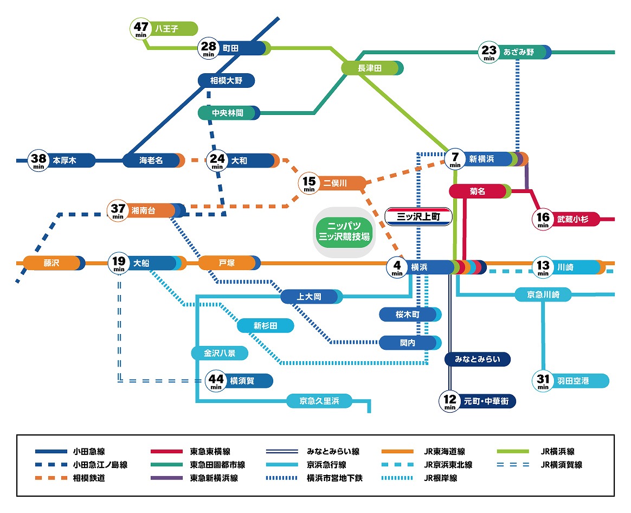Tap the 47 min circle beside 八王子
(x=141, y=29)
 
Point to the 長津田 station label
(x=371, y=68)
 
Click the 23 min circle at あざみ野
(x=489, y=53)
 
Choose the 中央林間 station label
(x=228, y=113)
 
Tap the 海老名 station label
(x=151, y=161)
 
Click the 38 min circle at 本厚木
(x=38, y=161)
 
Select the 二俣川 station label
(x=335, y=183)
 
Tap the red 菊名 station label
(x=478, y=191)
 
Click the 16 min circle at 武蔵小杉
(x=543, y=219)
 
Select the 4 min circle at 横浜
(x=397, y=267)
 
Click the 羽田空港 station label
(x=573, y=381)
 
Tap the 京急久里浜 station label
(x=319, y=401)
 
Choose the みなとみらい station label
(x=477, y=359)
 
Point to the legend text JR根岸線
(x=441, y=478)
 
